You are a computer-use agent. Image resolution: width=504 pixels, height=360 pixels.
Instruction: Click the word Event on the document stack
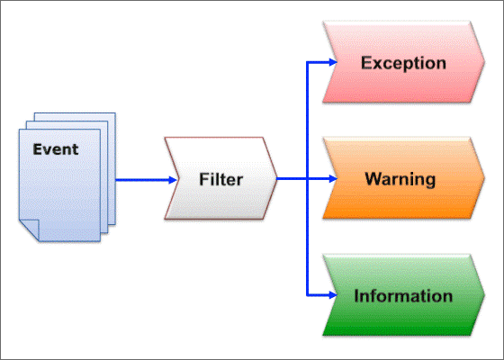pyautogui.click(x=56, y=149)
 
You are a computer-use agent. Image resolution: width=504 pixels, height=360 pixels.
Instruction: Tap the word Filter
pyautogui.click(x=220, y=179)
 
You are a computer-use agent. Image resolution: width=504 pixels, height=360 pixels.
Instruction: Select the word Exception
pyautogui.click(x=403, y=63)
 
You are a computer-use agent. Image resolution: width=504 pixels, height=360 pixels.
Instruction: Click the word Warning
pyautogui.click(x=400, y=179)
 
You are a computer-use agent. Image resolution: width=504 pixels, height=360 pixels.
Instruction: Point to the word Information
pyautogui.click(x=403, y=296)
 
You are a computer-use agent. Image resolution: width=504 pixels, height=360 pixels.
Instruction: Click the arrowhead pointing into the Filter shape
pyautogui.click(x=173, y=180)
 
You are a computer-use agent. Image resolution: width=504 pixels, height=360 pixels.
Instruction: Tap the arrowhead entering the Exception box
pyautogui.click(x=333, y=62)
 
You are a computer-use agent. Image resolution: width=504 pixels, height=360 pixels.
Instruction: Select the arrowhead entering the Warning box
pyautogui.click(x=333, y=179)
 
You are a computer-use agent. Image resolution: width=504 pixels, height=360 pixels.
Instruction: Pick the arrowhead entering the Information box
pyautogui.click(x=333, y=295)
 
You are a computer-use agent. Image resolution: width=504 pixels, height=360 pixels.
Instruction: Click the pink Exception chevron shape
pyautogui.click(x=403, y=62)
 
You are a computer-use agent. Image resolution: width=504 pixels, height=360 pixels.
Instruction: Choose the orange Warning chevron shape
pyautogui.click(x=403, y=178)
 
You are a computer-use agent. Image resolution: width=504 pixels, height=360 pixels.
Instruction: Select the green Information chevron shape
pyautogui.click(x=403, y=295)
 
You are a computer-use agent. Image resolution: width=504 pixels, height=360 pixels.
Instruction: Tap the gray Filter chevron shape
pyautogui.click(x=220, y=178)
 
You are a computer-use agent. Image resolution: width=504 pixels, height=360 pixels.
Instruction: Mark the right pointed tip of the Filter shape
pyautogui.click(x=277, y=178)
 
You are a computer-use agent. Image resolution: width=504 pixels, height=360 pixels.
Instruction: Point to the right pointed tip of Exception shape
pyautogui.click(x=484, y=62)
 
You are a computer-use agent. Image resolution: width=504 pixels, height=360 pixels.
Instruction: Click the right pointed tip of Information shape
pyautogui.click(x=484, y=295)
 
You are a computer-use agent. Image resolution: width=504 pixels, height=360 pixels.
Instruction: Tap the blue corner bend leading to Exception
pyautogui.click(x=307, y=62)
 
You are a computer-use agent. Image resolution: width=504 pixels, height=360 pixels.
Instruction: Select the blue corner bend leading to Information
pyautogui.click(x=307, y=295)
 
